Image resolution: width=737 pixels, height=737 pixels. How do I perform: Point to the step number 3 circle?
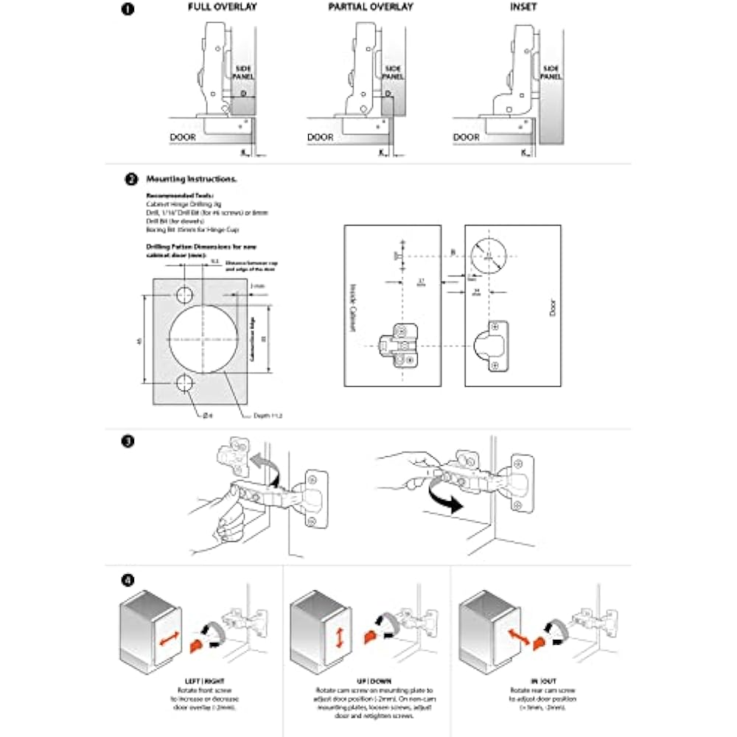point(128,442)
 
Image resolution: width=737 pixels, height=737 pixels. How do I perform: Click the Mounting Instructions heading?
point(192,179)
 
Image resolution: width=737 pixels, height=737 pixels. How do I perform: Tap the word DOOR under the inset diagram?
point(466,137)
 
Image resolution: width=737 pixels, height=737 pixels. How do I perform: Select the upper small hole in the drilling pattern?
point(184,296)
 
